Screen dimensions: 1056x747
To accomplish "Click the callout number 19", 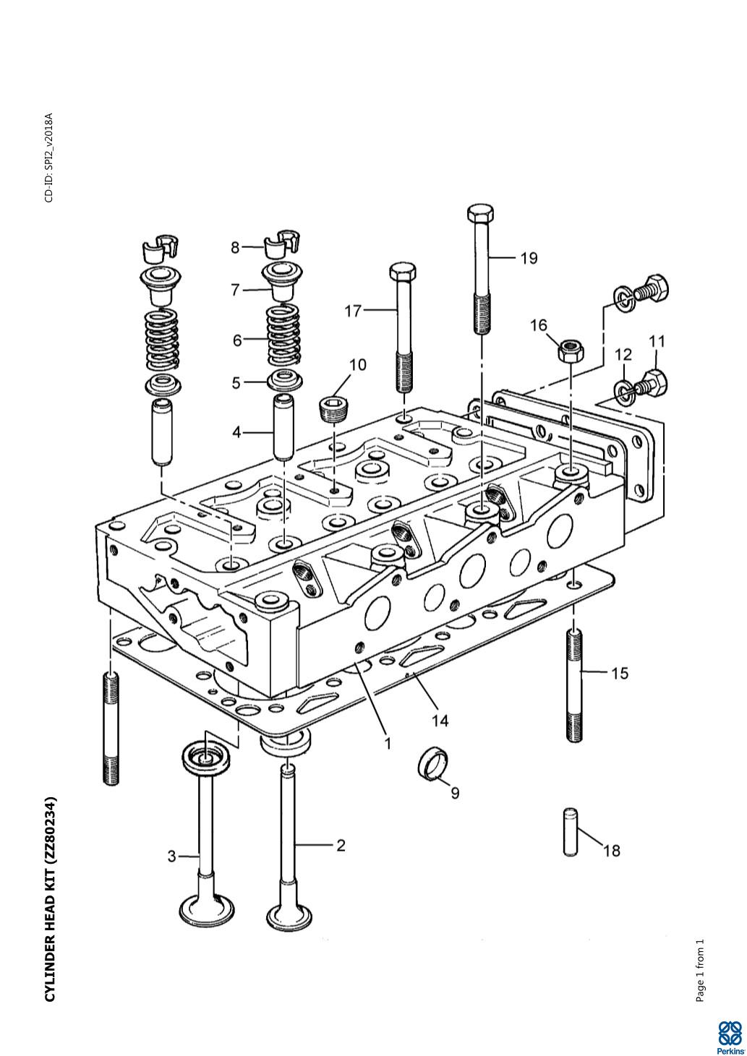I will [529, 258].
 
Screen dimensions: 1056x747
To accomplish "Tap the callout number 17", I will [353, 311].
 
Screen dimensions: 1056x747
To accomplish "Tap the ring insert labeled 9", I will [434, 763].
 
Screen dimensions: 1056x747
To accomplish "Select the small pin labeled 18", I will [569, 831].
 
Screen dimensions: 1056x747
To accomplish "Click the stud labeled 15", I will [573, 684].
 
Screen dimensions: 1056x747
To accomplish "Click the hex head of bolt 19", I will [480, 215].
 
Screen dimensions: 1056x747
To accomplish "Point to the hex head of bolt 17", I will [402, 273].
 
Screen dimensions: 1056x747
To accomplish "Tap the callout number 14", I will [440, 721].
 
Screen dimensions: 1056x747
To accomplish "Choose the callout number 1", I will [388, 742].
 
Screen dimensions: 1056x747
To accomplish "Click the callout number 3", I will [171, 857].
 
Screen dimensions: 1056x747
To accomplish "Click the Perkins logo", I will [730, 1036].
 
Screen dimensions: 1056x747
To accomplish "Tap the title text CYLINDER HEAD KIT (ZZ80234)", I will [50, 899].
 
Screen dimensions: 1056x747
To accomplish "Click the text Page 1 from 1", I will [699, 971].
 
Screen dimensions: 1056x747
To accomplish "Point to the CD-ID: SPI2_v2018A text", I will [49, 158].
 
